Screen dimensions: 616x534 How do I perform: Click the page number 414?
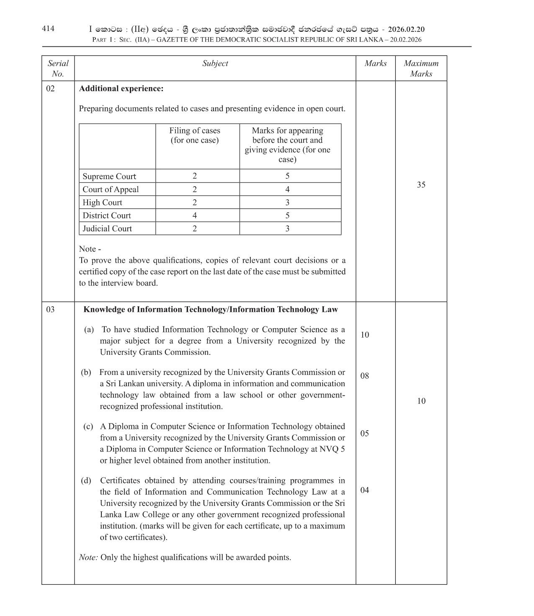pyautogui.click(x=48, y=28)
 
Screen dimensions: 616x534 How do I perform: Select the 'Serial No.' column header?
pyautogui.click(x=58, y=68)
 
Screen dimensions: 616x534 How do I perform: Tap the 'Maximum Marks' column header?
pyautogui.click(x=421, y=68)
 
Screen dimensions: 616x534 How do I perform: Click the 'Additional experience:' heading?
pyautogui.click(x=121, y=89)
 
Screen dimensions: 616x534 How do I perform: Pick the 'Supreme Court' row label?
pyautogui.click(x=109, y=176)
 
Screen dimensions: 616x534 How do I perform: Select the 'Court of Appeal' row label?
pyautogui.click(x=111, y=189)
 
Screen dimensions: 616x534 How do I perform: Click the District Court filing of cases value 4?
pyautogui.click(x=195, y=216)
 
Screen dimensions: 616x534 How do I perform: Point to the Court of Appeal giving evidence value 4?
pyautogui.click(x=287, y=189)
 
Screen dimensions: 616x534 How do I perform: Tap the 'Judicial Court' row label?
pyautogui.click(x=107, y=228)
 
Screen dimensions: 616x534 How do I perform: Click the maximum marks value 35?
pyautogui.click(x=421, y=185)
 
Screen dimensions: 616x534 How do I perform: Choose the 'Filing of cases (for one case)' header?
pyautogui.click(x=195, y=135)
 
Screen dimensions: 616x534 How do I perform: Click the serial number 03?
pyautogui.click(x=50, y=309)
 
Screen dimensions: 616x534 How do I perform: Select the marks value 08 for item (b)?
pyautogui.click(x=365, y=376)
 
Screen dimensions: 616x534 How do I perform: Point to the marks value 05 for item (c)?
pyautogui.click(x=365, y=433)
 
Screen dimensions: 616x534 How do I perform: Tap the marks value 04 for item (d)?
pyautogui.click(x=365, y=490)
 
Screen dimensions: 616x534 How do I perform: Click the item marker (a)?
pyautogui.click(x=89, y=330)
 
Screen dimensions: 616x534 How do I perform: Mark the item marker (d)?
pyautogui.click(x=86, y=480)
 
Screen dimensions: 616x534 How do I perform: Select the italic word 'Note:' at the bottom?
pyautogui.click(x=88, y=557)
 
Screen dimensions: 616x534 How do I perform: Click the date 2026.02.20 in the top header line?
pyautogui.click(x=406, y=29)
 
